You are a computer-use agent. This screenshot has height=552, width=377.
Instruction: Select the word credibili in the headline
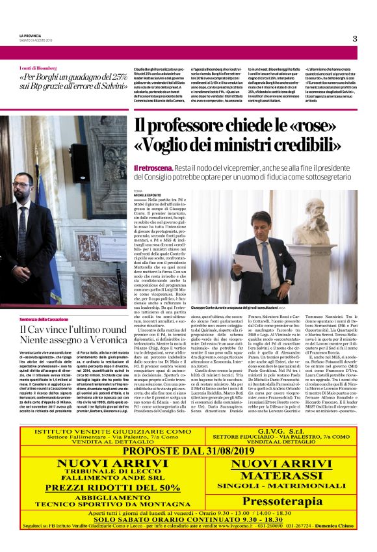point(306,145)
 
